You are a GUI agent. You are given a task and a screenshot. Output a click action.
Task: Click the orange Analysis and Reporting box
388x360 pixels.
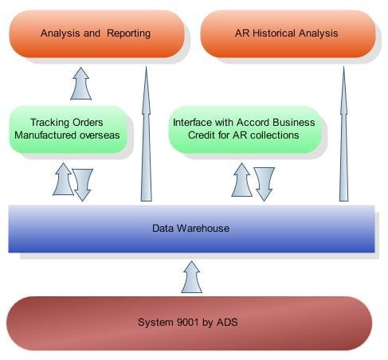pos(97,33)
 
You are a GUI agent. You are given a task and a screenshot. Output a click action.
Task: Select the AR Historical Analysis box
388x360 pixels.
pos(288,33)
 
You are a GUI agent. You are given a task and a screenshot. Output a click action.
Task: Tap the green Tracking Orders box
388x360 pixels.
pos(68,130)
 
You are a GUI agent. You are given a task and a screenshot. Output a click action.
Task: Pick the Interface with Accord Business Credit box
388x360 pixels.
pos(245,130)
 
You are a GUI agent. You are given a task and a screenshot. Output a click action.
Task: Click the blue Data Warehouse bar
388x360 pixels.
pos(191,229)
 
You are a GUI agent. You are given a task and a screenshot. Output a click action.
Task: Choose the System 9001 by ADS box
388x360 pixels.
pos(189,323)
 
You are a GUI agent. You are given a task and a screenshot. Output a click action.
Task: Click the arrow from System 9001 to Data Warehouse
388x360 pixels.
pos(191,277)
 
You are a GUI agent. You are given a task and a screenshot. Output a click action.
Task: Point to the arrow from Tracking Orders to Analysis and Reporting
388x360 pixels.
pos(81,84)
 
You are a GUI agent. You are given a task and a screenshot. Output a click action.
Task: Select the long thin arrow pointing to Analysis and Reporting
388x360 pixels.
pos(147,134)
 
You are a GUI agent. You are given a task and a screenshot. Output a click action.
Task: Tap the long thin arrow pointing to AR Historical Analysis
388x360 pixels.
pos(343,134)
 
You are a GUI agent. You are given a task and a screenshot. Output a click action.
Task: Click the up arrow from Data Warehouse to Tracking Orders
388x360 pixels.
pos(63,179)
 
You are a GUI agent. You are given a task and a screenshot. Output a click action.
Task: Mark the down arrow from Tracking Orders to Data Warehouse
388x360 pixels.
pos(83,185)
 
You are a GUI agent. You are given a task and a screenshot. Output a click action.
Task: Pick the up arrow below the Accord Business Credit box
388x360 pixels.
pos(241,180)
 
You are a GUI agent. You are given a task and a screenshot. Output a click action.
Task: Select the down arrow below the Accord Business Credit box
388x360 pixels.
pos(265,184)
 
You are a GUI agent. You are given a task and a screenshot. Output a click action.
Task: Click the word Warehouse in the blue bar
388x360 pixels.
pos(203,229)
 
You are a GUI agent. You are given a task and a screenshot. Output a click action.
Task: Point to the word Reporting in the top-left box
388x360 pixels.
pos(128,33)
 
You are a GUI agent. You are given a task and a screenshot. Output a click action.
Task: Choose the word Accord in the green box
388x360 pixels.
pos(253,123)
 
